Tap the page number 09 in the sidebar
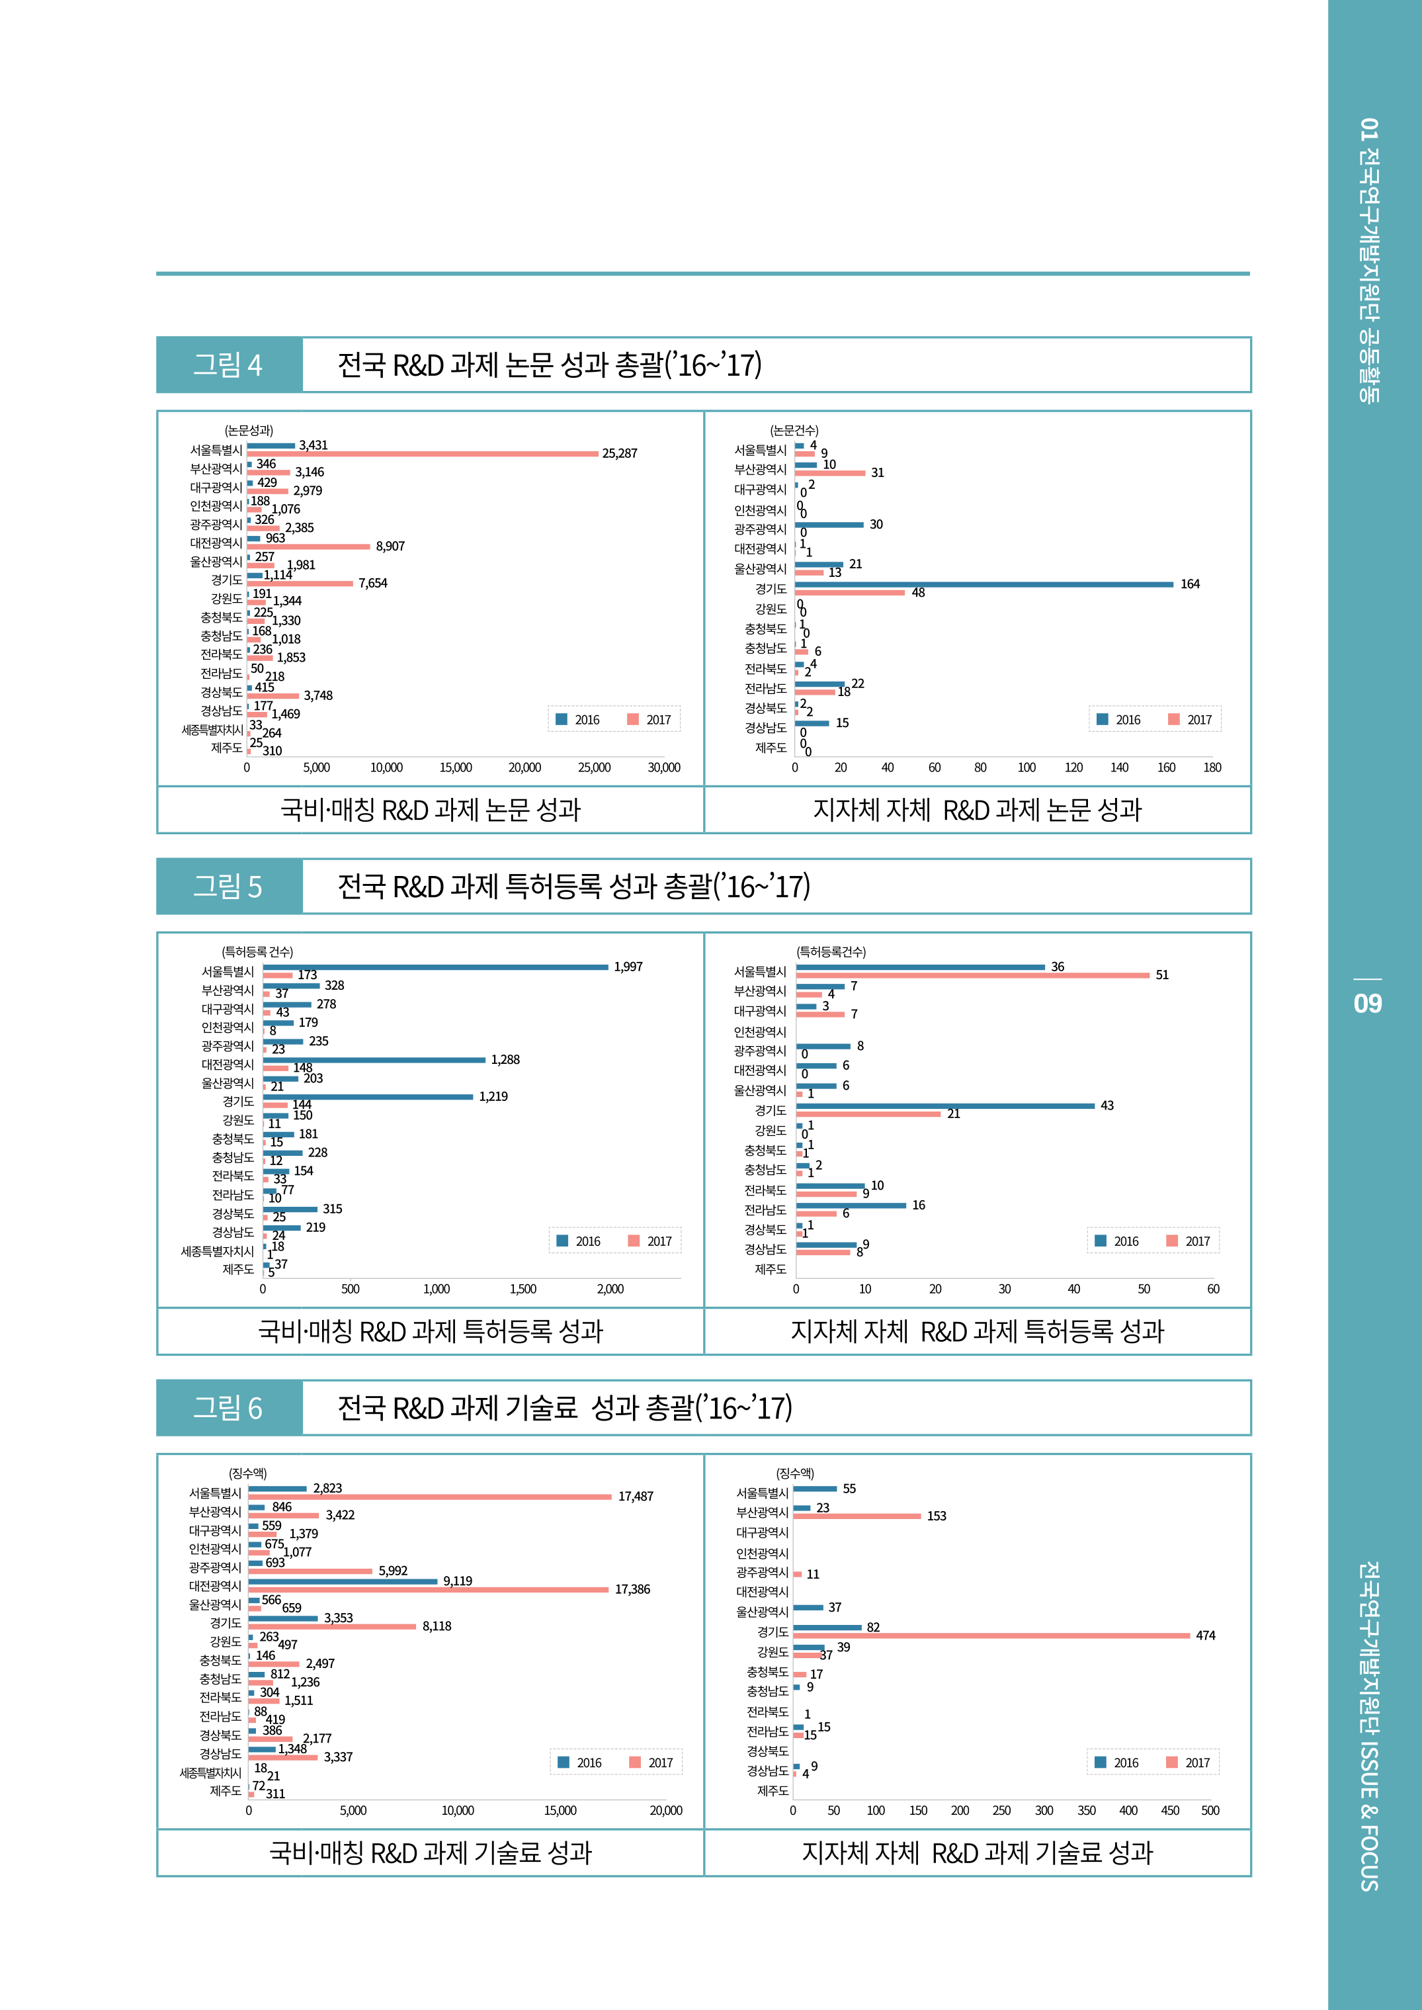pos(1367,1003)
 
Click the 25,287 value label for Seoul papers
pos(619,454)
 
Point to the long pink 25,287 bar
pos(422,454)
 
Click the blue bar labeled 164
pos(983,584)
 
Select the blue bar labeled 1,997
pos(435,967)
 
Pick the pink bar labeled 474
pos(991,1635)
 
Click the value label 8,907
pos(390,546)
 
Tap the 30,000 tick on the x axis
pos(664,768)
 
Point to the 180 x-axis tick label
pos(1212,768)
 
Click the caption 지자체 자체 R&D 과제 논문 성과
pos(977,810)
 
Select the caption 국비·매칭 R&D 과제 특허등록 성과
pos(430,1331)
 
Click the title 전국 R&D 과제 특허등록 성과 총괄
pos(573,887)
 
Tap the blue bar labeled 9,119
pos(343,1581)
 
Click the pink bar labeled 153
pos(857,1516)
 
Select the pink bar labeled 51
pos(972,975)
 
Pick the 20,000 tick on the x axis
pos(665,1810)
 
